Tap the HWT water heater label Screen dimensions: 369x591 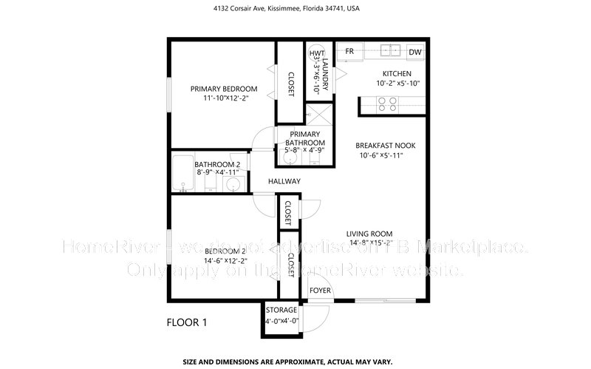[316, 53]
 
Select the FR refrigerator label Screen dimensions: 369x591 [349, 51]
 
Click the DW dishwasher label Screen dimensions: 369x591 [414, 52]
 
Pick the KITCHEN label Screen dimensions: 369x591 [396, 74]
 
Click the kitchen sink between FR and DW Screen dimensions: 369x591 [389, 51]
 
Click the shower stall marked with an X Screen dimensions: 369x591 [318, 116]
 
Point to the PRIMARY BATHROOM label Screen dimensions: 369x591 [305, 138]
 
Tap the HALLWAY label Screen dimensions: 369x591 [284, 181]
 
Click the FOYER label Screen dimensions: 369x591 [319, 291]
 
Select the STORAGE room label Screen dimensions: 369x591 [281, 310]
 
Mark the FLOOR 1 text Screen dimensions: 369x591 [187, 322]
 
